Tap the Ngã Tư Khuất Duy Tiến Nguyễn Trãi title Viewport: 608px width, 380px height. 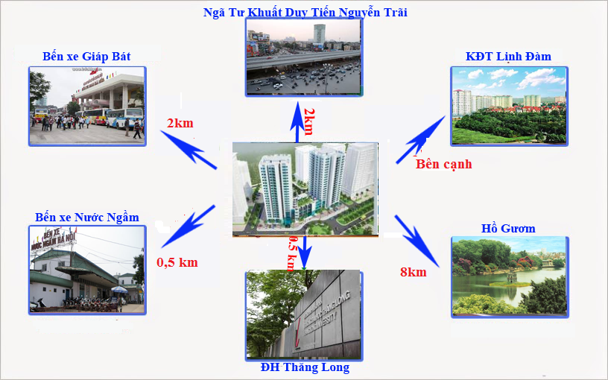pos(305,11)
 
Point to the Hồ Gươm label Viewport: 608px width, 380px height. pos(509,228)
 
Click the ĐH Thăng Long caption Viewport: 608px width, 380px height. pos(305,367)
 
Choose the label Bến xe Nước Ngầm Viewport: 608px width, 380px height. pos(87,217)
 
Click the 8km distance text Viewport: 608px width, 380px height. pos(413,272)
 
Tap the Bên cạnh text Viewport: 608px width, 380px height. pos(443,164)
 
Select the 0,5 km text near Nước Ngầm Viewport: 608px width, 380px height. pos(177,262)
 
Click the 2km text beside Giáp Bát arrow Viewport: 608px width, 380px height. pos(180,122)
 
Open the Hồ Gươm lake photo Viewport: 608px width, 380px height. pos(509,276)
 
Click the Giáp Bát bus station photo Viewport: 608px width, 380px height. pos(86,105)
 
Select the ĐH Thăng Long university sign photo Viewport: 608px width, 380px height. pos(304,314)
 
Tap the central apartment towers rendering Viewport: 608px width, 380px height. pos(304,189)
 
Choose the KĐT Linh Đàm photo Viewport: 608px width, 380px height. pos(509,105)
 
